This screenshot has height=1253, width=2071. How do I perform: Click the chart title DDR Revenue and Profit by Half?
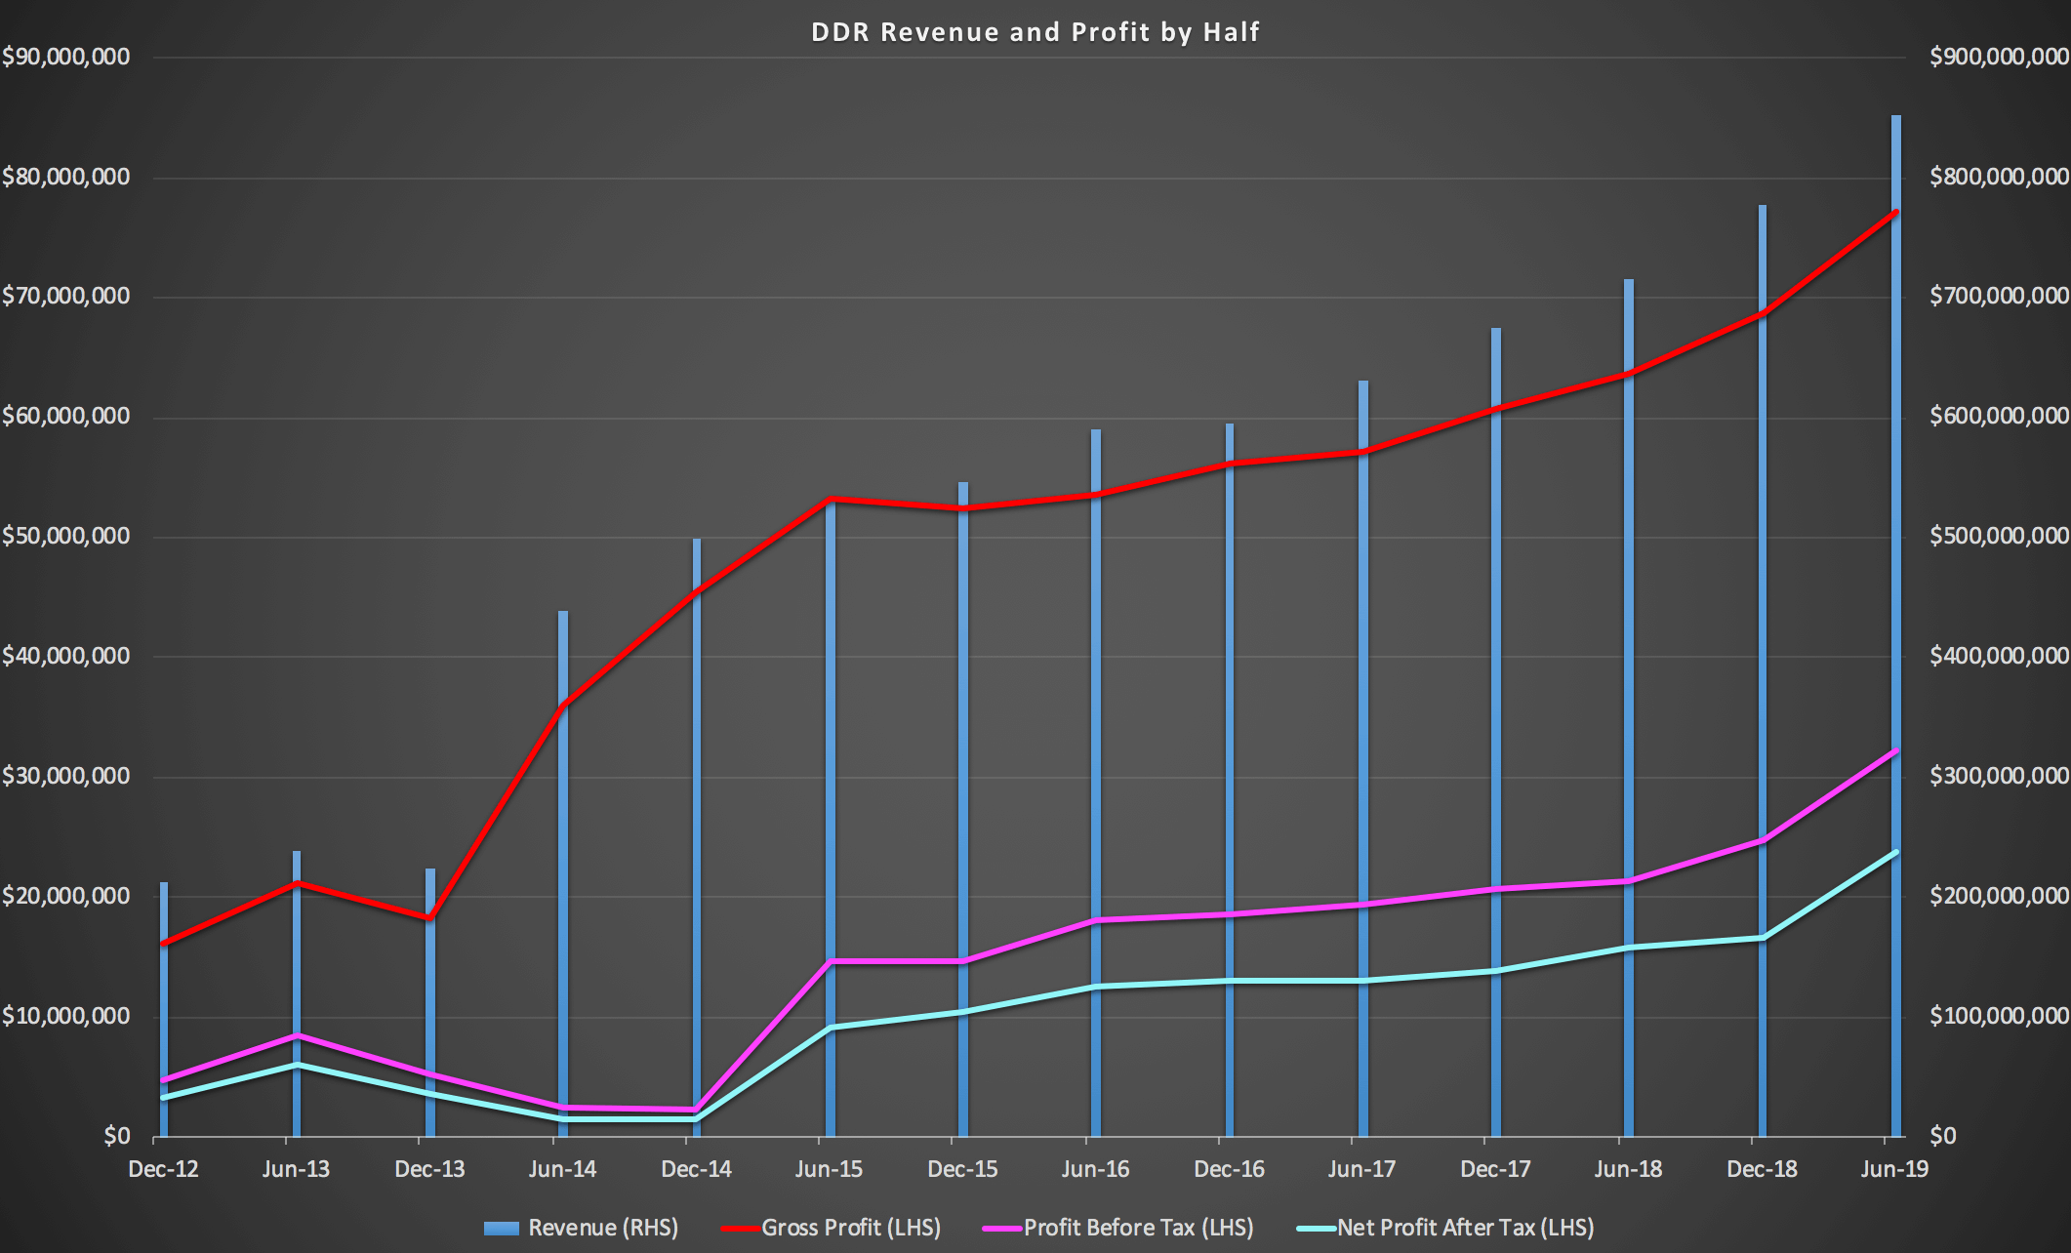click(x=1035, y=32)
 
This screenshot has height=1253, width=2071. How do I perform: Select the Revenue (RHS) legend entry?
click(x=602, y=1228)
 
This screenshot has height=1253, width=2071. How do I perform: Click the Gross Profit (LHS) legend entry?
click(x=850, y=1228)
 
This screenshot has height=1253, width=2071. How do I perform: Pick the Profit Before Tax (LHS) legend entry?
click(x=1138, y=1228)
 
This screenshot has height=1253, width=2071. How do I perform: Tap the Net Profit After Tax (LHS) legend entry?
click(x=1465, y=1228)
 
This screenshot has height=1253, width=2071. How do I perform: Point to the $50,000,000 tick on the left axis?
click(x=65, y=536)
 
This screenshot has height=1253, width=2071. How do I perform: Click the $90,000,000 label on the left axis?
click(x=65, y=57)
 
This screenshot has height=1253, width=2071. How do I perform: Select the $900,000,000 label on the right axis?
click(x=1999, y=57)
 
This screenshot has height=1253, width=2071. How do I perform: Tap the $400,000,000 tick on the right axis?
click(x=1999, y=656)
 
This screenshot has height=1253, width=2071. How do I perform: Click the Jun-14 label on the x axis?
click(x=562, y=1169)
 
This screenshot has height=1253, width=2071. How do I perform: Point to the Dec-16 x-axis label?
click(x=1229, y=1169)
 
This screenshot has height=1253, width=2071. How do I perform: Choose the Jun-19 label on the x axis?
click(x=1894, y=1169)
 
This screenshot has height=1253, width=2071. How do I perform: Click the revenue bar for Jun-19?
click(x=1896, y=586)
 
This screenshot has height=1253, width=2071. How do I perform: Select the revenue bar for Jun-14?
click(x=563, y=878)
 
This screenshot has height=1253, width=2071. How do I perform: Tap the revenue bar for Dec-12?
click(x=164, y=1015)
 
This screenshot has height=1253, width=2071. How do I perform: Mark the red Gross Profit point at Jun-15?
click(x=830, y=499)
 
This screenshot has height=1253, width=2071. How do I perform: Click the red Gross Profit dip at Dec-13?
click(x=429, y=918)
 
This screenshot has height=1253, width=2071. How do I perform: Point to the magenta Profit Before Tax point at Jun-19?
click(x=1895, y=750)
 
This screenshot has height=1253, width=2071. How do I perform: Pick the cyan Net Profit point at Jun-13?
click(x=297, y=1065)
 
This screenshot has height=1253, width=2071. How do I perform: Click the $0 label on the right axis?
click(x=1942, y=1136)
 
